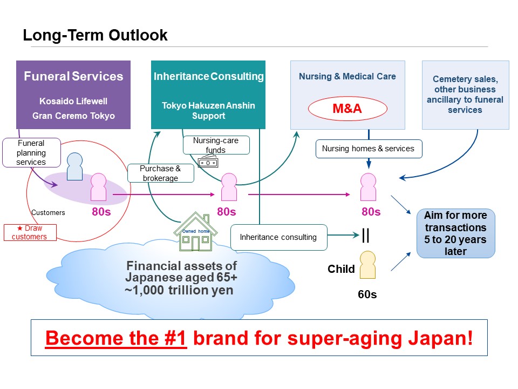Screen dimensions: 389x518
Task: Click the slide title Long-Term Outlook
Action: (95, 36)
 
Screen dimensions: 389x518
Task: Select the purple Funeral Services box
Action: (73, 95)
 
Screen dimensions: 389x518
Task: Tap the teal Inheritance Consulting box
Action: (208, 95)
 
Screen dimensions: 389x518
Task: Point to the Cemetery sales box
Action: (465, 95)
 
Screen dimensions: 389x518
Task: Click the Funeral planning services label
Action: (31, 152)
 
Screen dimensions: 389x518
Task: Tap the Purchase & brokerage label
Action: (160, 173)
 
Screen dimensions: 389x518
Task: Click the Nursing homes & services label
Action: (368, 149)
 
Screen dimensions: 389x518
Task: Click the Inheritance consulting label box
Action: (279, 237)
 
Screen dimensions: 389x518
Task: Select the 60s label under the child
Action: (367, 295)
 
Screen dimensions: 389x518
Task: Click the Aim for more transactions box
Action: (455, 233)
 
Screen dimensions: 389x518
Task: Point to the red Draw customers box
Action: (30, 232)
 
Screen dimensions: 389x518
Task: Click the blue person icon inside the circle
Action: (74, 165)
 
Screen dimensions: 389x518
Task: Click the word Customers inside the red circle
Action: (48, 213)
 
